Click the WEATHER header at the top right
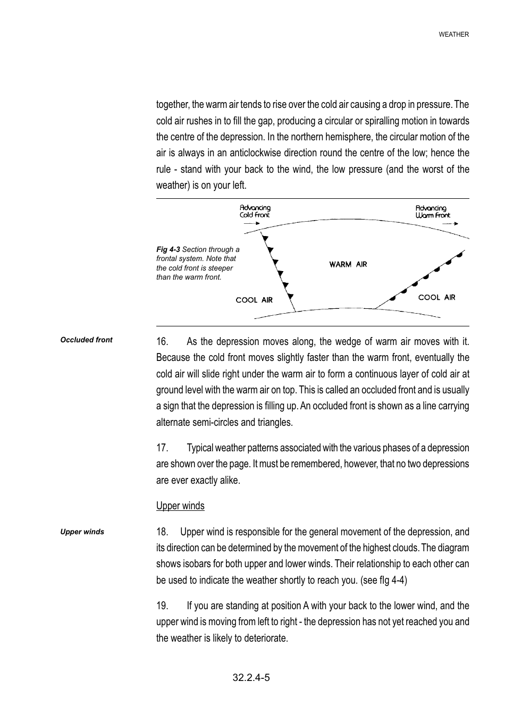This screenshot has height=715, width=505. coord(453,35)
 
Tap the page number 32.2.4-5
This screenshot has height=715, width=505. coord(251,677)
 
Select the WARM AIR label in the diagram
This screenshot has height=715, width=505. coord(348,264)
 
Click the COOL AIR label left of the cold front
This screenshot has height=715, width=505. coord(254,300)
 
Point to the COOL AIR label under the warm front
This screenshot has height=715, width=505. coord(436,297)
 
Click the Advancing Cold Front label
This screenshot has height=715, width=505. coord(255,211)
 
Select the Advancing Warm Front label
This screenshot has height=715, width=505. coord(432,212)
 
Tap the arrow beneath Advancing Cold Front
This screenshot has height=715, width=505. coord(251,224)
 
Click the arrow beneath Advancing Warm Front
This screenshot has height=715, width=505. coord(450,224)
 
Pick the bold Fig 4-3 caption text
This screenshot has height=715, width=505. coord(168,249)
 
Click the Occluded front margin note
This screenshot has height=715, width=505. coord(86,340)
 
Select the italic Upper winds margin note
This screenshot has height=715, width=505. coord(82,532)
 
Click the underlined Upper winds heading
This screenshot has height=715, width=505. coord(180,506)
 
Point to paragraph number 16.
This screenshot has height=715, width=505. coord(162,341)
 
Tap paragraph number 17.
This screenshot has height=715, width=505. coord(162,448)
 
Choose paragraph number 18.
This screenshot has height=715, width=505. coord(162,532)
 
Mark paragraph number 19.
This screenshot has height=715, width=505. coord(162,605)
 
